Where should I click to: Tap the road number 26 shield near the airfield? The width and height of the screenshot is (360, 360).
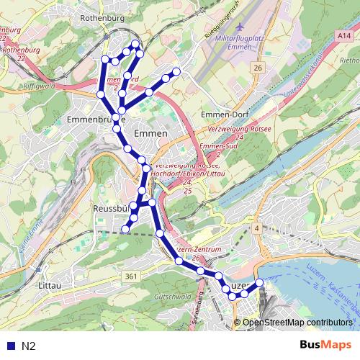pyautogui.click(x=257, y=68)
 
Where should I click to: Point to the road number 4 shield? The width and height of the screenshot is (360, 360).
pyautogui.click(x=256, y=228)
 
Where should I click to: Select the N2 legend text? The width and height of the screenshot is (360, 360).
pyautogui.click(x=29, y=346)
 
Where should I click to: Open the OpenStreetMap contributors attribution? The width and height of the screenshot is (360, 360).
pyautogui.click(x=297, y=323)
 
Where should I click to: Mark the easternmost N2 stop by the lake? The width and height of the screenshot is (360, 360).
pyautogui.click(x=260, y=283)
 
